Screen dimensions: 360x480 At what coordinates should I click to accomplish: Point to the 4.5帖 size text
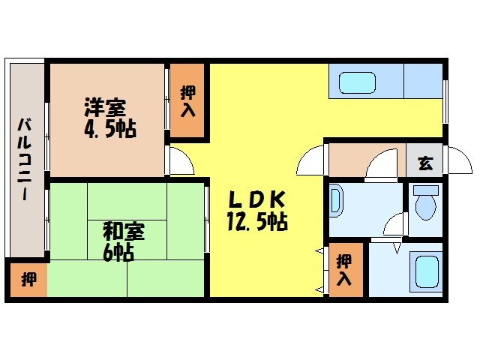(x=109, y=128)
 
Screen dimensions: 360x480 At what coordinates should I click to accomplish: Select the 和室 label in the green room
(x=124, y=230)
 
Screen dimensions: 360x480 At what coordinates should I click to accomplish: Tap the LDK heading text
(x=256, y=200)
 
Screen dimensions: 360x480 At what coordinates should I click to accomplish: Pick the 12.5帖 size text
(x=256, y=222)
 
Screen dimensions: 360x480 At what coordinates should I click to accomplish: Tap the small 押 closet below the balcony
(x=27, y=280)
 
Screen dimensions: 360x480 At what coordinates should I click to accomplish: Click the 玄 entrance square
(x=424, y=162)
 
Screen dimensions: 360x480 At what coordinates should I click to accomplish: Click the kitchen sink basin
(x=356, y=82)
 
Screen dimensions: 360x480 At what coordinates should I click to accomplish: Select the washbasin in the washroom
(x=335, y=201)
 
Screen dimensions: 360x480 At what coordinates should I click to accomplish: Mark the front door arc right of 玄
(x=455, y=160)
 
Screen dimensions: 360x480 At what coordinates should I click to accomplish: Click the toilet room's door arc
(x=394, y=226)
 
